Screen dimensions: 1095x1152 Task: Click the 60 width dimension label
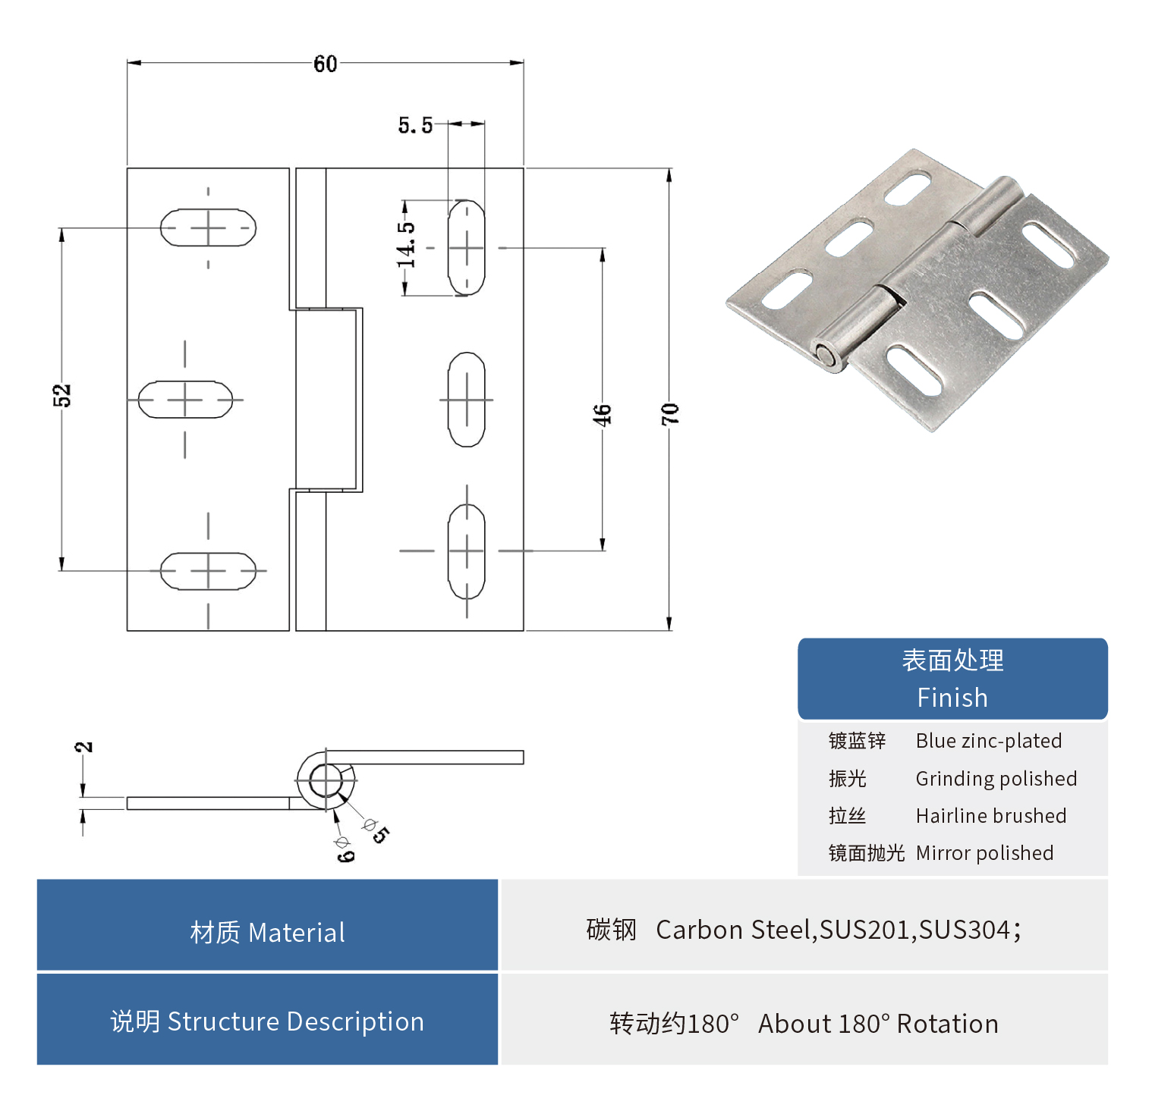pos(325,64)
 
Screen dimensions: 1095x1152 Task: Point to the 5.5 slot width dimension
pos(415,125)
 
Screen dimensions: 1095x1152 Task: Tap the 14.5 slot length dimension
pos(407,245)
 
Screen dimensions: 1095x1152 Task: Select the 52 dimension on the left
pos(62,395)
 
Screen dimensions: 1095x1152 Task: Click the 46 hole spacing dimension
pos(602,415)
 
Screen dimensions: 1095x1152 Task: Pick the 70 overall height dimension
pos(669,413)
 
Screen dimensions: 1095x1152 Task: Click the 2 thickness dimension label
pos(84,747)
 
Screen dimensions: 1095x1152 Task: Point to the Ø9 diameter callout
pos(344,849)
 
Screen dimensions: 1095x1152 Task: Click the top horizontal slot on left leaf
pos(208,227)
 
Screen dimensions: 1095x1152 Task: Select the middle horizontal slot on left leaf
pos(185,400)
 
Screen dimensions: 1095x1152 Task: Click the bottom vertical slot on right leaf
pos(466,551)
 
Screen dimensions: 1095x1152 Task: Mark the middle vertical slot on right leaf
pos(466,400)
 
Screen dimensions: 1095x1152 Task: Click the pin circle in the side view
pos(326,781)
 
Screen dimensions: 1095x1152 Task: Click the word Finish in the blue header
pos(952,698)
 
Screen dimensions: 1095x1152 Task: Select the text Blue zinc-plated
pos(988,741)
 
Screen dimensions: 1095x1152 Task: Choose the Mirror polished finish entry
pos(984,853)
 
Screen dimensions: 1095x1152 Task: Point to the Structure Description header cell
pos(267,1021)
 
